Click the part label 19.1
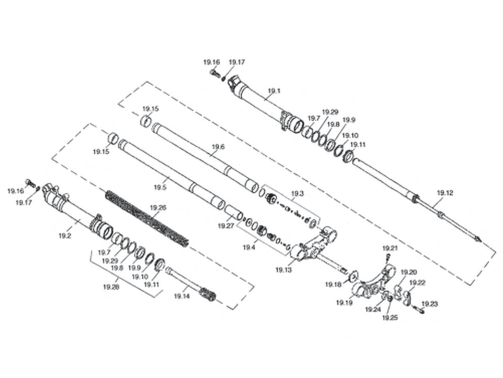point(274,91)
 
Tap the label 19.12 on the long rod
point(445,193)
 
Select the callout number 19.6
point(218,147)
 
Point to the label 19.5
point(160,187)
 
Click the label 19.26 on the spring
point(158,208)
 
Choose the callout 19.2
point(65,236)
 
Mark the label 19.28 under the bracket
point(111,287)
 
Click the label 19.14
point(182,296)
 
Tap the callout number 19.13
point(284,270)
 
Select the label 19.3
point(297,194)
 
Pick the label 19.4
point(249,247)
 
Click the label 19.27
point(226,226)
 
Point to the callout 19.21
point(390,248)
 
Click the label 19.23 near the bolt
point(430,304)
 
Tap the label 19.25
point(390,318)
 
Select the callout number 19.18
point(334,284)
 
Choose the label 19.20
point(409,272)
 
